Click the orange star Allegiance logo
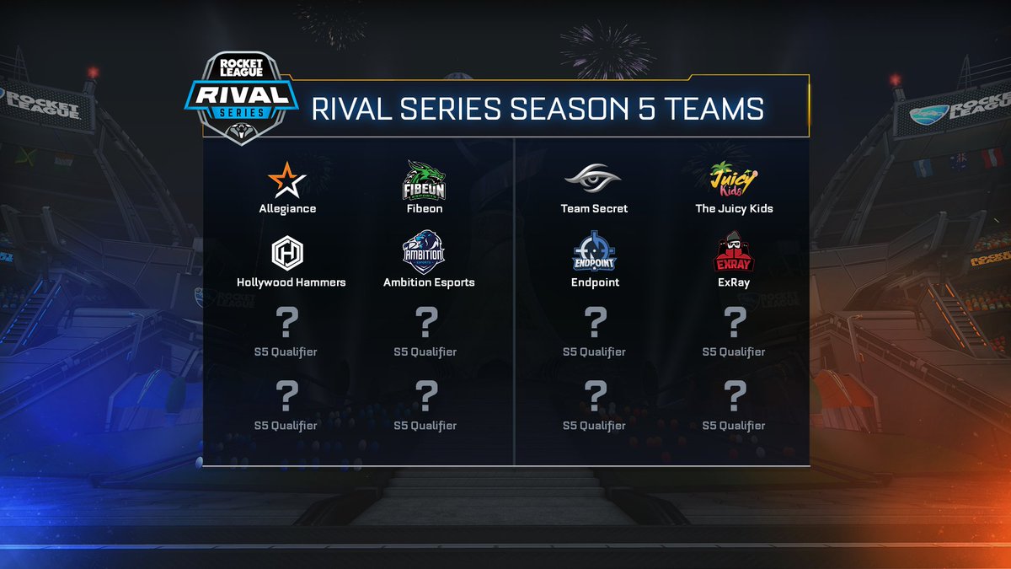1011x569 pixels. click(x=287, y=180)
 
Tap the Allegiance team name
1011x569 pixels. click(x=287, y=208)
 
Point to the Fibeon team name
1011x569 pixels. click(x=425, y=208)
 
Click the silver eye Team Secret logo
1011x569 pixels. click(x=594, y=179)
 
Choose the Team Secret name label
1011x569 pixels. click(x=594, y=208)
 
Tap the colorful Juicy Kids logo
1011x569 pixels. click(x=734, y=179)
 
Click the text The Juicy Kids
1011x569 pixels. click(x=734, y=208)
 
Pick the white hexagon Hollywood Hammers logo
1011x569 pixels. click(x=287, y=253)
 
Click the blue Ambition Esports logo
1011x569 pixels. click(x=425, y=253)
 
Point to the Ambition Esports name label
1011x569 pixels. click(x=429, y=282)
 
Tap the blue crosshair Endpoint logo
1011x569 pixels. click(x=594, y=253)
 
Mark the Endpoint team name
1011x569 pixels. click(x=594, y=282)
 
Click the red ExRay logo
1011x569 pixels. click(x=734, y=253)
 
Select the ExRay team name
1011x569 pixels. click(x=734, y=282)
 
